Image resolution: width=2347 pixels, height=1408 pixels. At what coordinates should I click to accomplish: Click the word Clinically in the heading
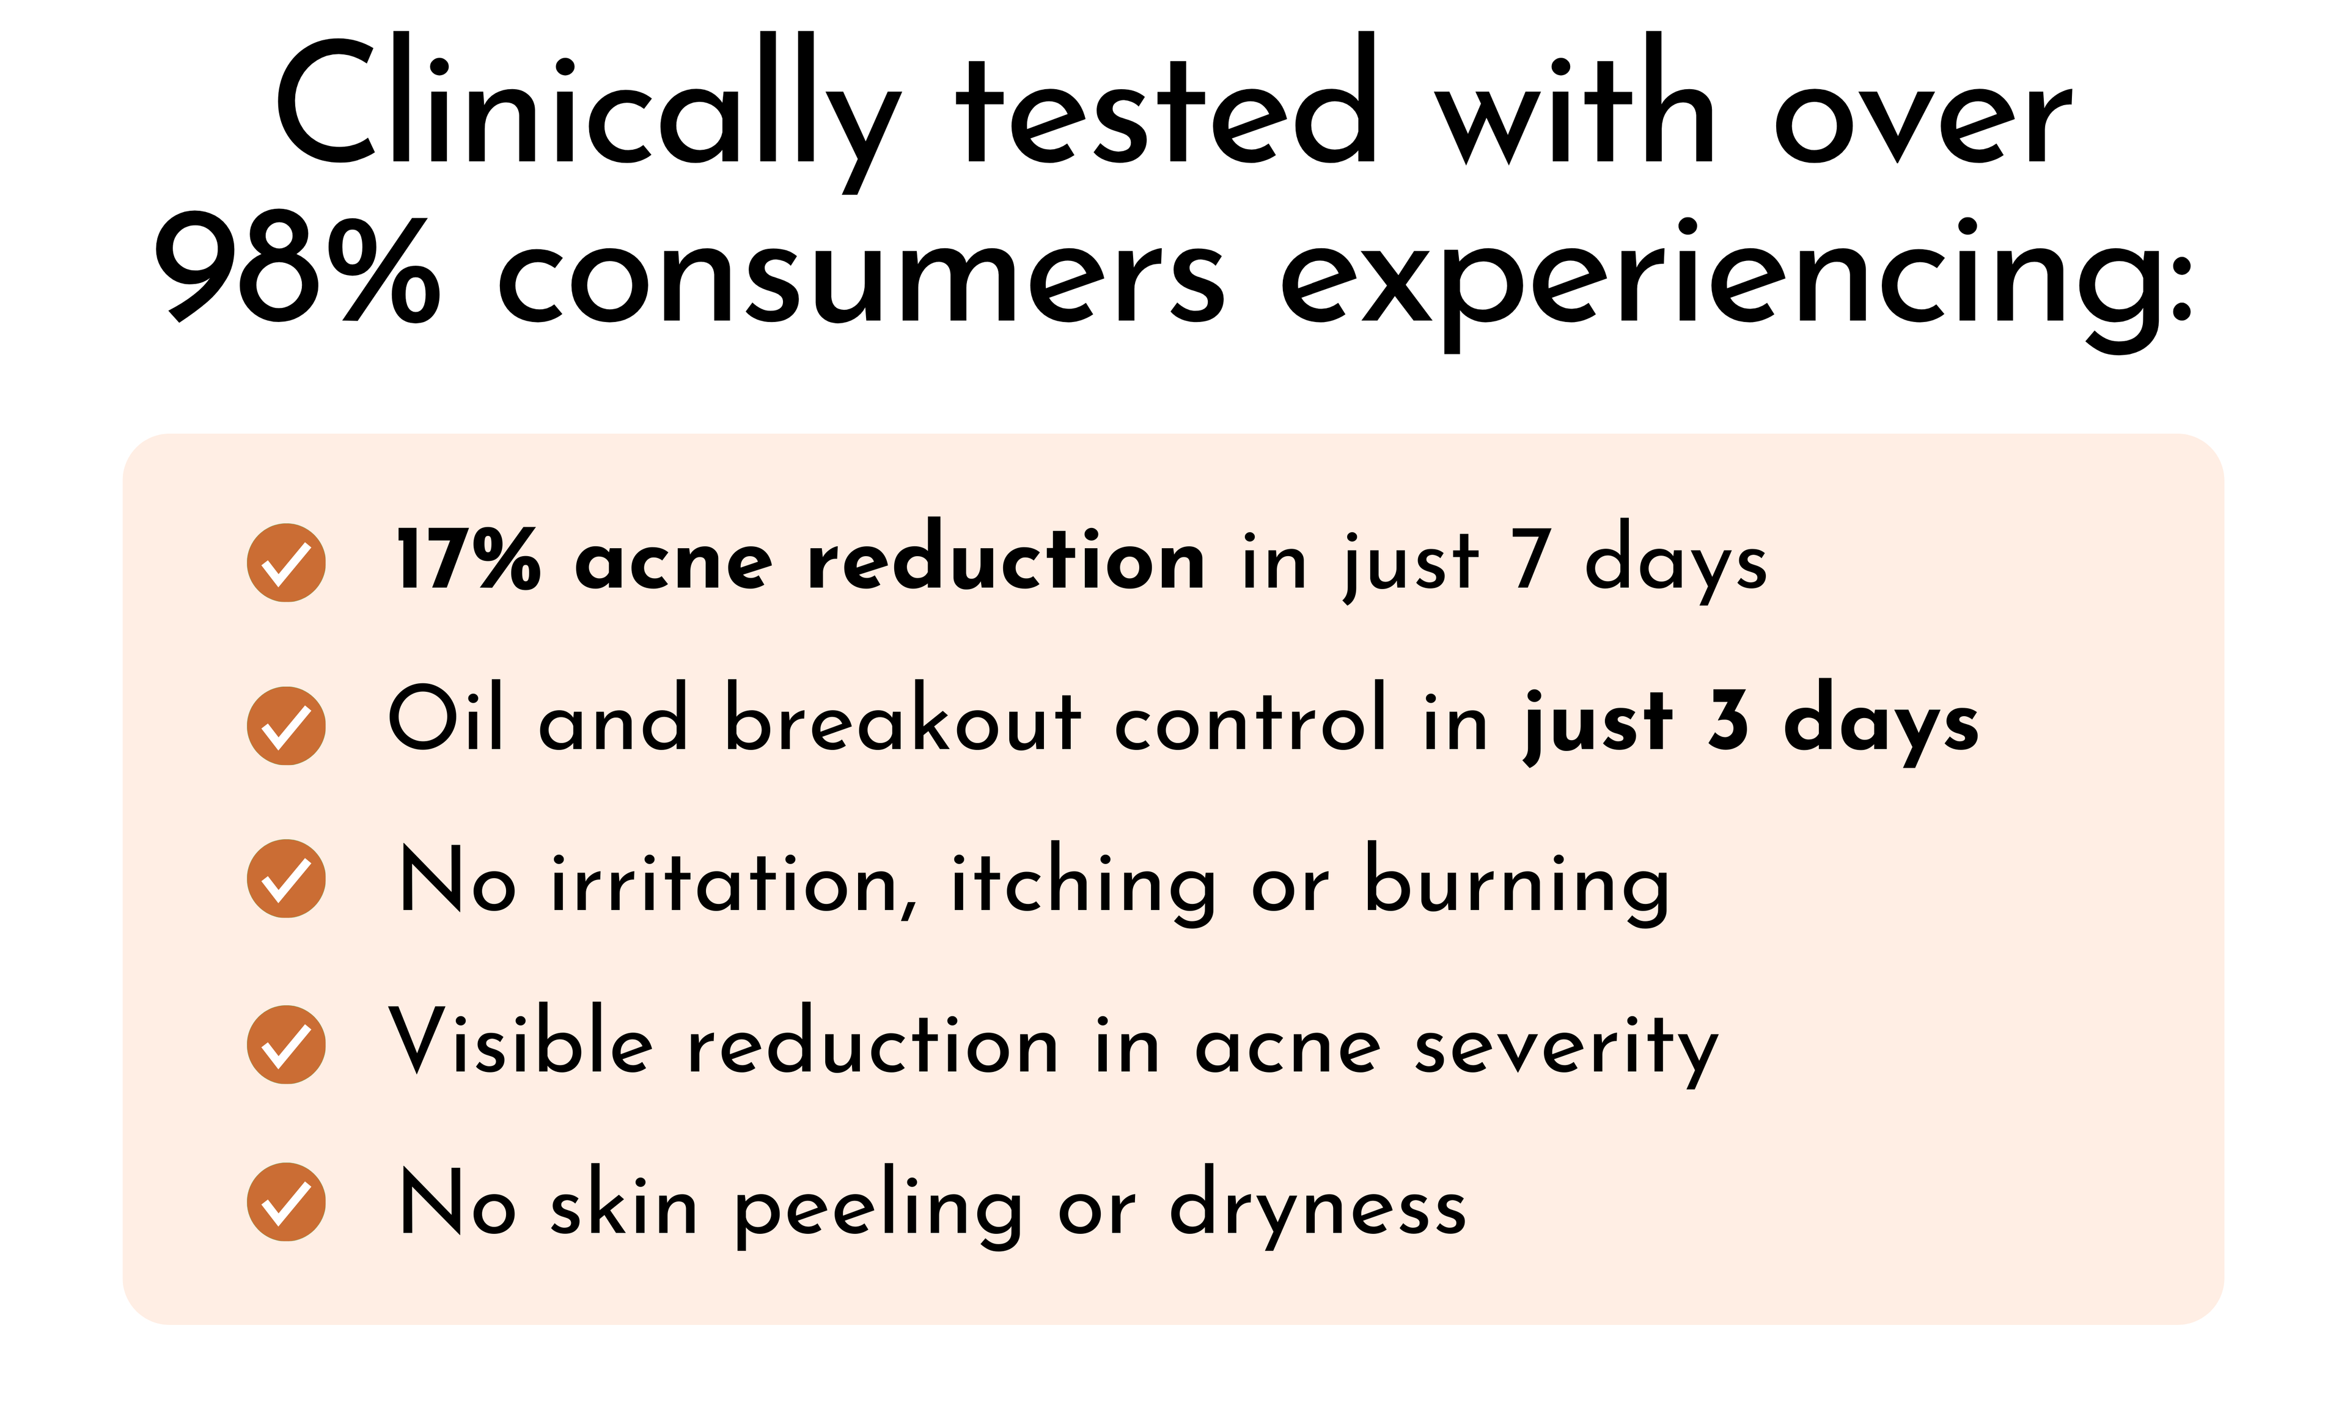point(588,112)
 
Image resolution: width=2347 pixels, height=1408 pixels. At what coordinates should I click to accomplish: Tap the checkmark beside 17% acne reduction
point(287,563)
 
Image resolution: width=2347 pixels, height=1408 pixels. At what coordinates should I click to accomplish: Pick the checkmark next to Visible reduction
point(287,1044)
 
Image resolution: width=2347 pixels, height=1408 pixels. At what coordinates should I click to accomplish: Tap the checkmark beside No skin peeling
point(287,1201)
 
